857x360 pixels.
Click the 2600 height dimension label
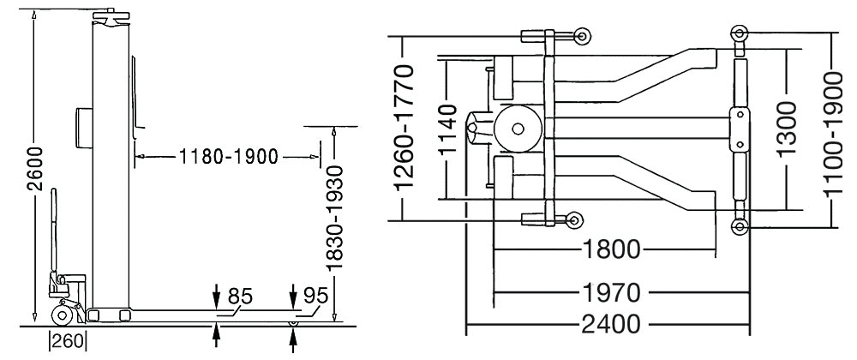tap(35, 168)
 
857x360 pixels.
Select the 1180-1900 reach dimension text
tap(229, 158)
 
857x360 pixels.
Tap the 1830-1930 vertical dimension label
tap(333, 217)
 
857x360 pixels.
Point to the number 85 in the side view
tap(240, 296)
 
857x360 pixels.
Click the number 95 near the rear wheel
tap(315, 296)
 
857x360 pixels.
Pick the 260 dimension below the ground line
tap(69, 342)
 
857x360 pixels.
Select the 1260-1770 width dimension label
tap(406, 127)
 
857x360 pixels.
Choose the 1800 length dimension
tap(611, 249)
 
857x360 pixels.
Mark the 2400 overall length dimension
tap(610, 325)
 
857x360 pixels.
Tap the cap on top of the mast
tap(111, 15)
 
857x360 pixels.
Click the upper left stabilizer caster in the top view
tap(583, 36)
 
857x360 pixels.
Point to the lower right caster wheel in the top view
tap(740, 226)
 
